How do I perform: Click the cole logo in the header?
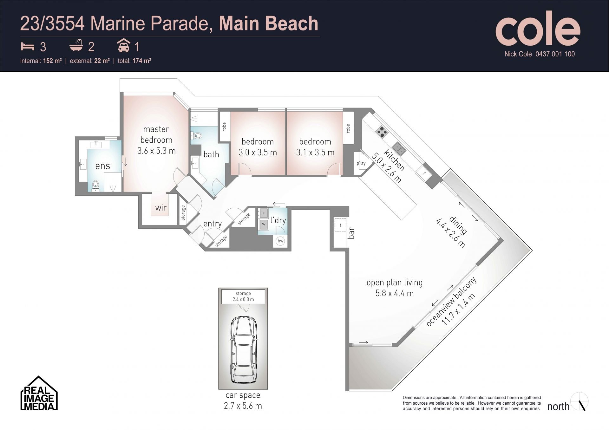coord(538,28)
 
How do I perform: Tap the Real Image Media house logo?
coord(39,393)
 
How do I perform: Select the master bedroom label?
coord(156,134)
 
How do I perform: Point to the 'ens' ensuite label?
coord(103,166)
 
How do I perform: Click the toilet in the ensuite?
coord(95,186)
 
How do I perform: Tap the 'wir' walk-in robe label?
coord(161,208)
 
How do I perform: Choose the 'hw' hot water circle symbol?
coord(280,241)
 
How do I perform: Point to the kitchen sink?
coord(398,148)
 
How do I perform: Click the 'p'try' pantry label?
coord(361,163)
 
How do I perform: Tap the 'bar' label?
coord(351,233)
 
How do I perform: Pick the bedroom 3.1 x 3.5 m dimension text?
coord(315,153)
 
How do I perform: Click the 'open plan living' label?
coord(395,283)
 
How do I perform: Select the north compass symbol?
coord(580,402)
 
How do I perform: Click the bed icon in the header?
coord(28,46)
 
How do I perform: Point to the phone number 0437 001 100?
coord(555,54)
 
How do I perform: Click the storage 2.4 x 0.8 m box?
coord(243,296)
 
